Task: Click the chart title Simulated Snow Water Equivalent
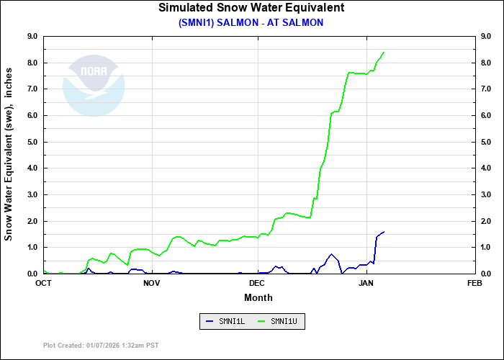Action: (251, 8)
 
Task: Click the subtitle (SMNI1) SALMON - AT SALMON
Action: (251, 22)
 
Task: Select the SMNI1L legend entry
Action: (225, 321)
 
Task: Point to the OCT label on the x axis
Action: (44, 283)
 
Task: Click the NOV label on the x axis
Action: (151, 283)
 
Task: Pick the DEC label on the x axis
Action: (258, 283)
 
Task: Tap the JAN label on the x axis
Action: (366, 283)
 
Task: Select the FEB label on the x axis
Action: (474, 283)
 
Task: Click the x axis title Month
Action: (258, 297)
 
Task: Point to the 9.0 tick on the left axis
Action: (32, 36)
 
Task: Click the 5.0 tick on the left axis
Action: (32, 142)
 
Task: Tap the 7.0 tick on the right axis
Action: (486, 89)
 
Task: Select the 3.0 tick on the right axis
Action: (486, 194)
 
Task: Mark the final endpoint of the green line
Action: (384, 52)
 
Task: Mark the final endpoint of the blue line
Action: (384, 232)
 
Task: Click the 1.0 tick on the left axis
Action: (32, 247)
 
